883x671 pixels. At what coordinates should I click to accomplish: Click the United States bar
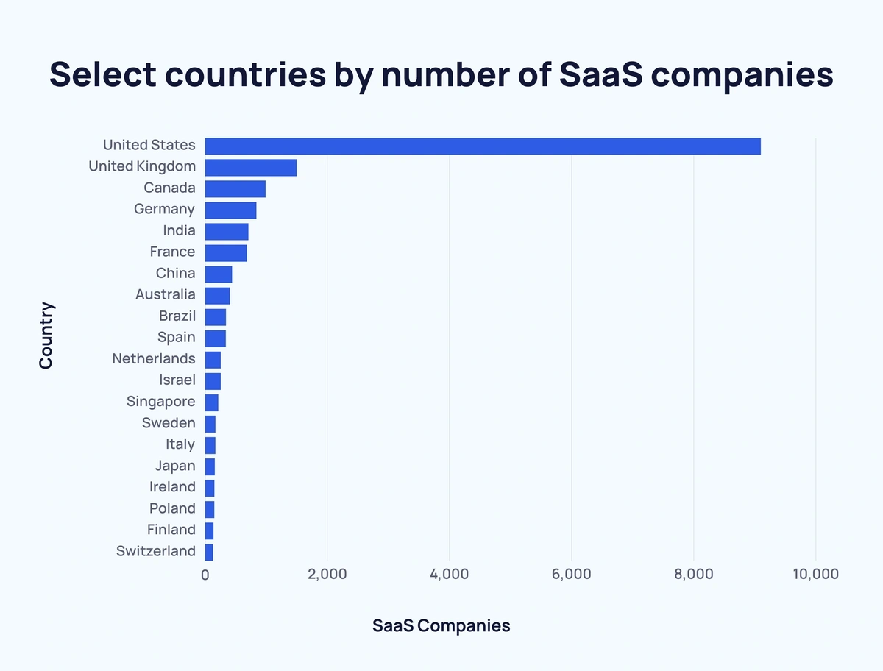coord(483,146)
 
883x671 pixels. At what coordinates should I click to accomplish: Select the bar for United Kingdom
coord(250,167)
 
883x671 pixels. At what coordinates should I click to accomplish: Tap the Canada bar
coord(235,188)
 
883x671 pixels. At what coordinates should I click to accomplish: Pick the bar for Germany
coord(230,210)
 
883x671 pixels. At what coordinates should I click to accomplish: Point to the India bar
coord(227,231)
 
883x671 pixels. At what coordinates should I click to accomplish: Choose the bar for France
coord(226,252)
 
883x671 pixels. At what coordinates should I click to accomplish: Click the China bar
coord(219,274)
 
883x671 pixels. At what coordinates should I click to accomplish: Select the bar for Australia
coord(217,295)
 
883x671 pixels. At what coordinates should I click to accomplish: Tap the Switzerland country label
coord(156,551)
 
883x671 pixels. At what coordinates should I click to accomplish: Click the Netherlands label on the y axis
coord(154,359)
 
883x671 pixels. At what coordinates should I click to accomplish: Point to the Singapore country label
coord(161,402)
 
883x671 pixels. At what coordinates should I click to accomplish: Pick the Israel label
coord(177,380)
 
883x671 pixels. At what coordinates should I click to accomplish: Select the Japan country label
coord(175,466)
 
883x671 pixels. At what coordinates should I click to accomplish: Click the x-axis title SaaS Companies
coord(441,626)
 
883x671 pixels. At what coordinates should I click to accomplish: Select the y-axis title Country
coord(46,335)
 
